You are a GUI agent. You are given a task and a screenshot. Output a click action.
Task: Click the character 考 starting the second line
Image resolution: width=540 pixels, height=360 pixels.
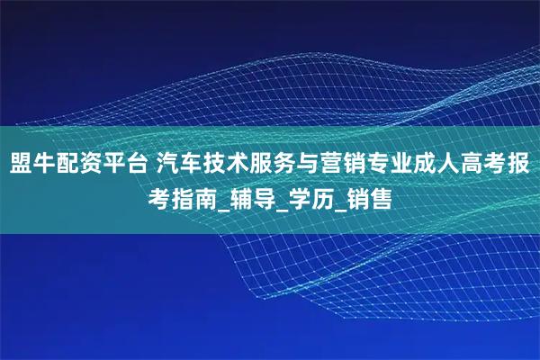[x=157, y=197]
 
